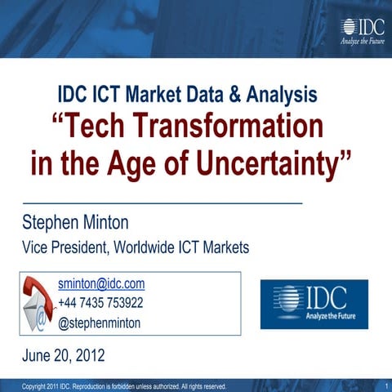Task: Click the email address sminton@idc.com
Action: coord(101,284)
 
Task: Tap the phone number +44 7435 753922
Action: coord(100,303)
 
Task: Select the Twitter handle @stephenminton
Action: coord(99,323)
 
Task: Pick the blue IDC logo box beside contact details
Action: coord(314,304)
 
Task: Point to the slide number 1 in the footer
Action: coord(384,385)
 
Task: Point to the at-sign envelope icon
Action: coord(36,318)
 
